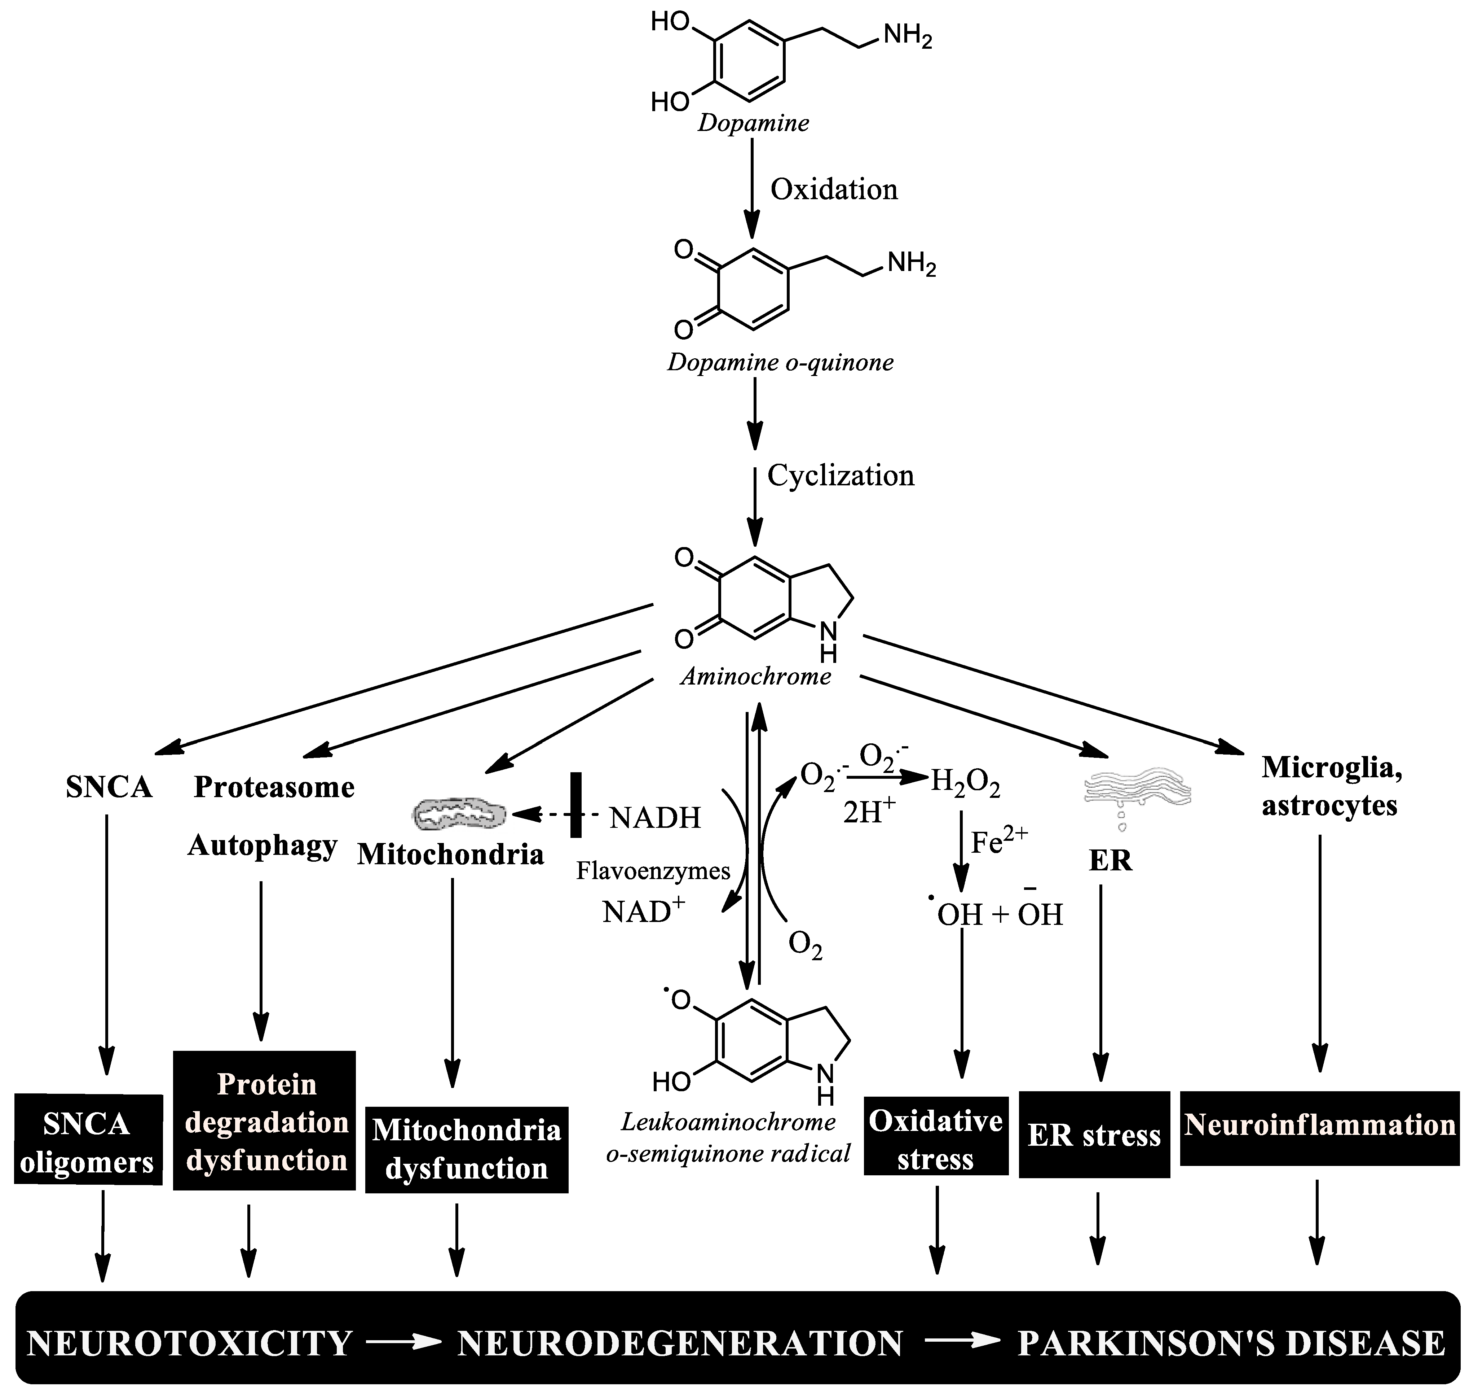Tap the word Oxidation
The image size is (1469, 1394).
coord(833,189)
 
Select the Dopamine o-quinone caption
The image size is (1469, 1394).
coord(780,363)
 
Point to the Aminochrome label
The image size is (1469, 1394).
coord(755,676)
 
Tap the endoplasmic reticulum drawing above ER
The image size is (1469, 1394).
coord(1136,791)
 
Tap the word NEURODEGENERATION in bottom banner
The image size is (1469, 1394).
coord(680,1343)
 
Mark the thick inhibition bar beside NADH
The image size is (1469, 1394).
coord(575,805)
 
